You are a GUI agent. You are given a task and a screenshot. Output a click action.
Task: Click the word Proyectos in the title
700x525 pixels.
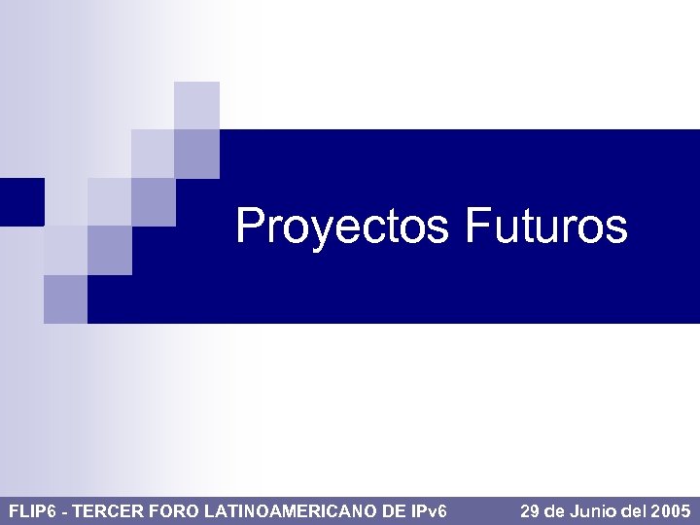tap(341, 227)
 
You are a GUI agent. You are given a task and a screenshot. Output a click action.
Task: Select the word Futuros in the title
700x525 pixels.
tap(545, 227)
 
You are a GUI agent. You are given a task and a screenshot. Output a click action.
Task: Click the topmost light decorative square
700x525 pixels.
tap(196, 105)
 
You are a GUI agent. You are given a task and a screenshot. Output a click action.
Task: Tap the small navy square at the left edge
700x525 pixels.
tap(21, 201)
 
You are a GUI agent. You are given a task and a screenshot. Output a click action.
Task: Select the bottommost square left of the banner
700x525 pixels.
tap(65, 299)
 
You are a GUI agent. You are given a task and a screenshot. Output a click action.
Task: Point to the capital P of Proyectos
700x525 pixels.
tap(250, 226)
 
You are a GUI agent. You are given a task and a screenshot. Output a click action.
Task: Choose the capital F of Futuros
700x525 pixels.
tap(477, 226)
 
